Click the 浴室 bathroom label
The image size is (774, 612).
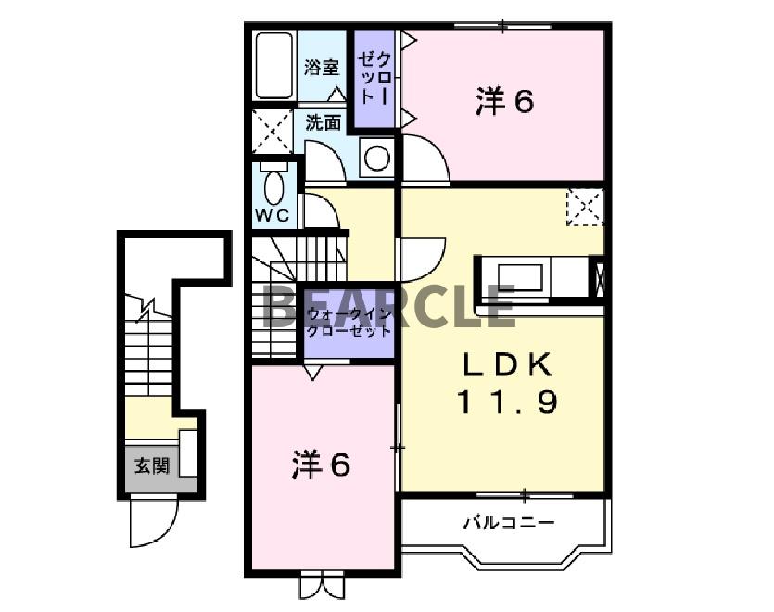click(x=322, y=67)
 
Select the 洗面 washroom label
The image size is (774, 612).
click(x=324, y=121)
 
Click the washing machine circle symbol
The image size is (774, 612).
click(x=376, y=158)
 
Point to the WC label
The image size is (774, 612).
click(x=273, y=215)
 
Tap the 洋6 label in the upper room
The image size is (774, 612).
click(x=504, y=102)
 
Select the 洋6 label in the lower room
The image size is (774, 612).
click(x=321, y=464)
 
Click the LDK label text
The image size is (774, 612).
click(x=506, y=364)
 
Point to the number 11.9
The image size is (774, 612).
click(x=506, y=403)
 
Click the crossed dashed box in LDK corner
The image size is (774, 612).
click(x=585, y=207)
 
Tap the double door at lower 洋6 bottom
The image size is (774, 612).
click(x=321, y=585)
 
